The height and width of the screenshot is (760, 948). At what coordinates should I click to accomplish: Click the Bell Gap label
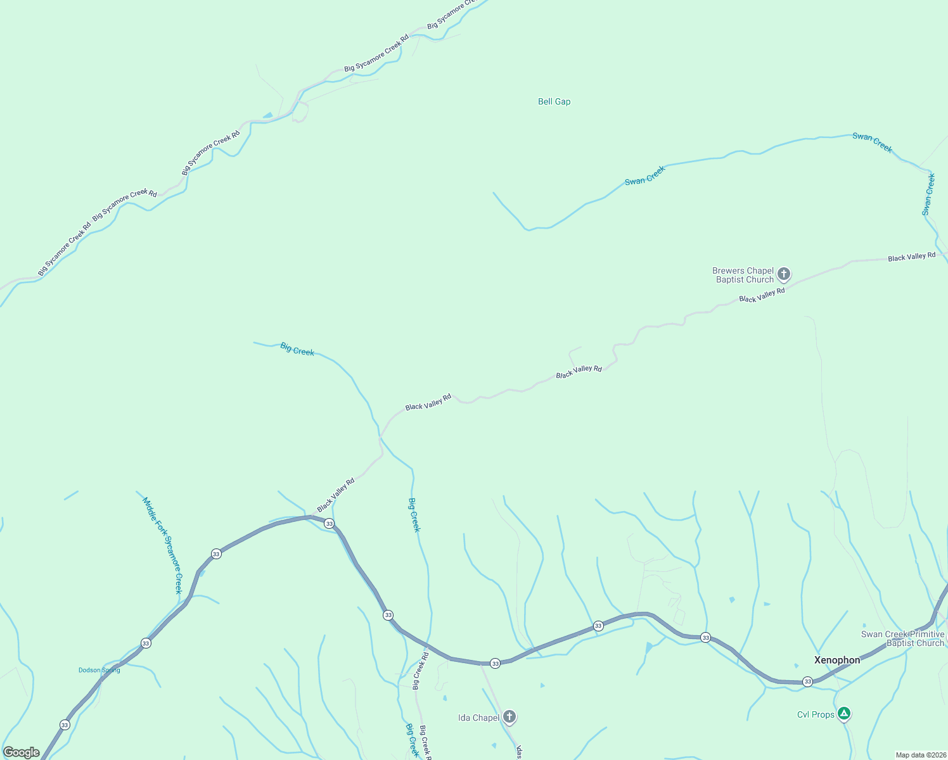554,101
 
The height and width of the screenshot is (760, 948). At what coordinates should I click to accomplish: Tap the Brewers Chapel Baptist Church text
745,275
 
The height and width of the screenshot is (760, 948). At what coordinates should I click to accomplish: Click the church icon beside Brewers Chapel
784,274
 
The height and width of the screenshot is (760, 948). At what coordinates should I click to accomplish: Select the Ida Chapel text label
478,718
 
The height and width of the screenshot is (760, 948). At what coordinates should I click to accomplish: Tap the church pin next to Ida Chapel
509,717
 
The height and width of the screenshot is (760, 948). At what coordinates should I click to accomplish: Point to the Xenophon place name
837,660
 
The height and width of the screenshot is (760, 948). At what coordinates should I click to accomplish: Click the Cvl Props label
816,714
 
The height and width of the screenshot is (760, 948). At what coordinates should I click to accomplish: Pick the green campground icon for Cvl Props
843,714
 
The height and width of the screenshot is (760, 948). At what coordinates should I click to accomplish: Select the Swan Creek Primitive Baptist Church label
903,638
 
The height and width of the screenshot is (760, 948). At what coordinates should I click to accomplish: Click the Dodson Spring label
99,670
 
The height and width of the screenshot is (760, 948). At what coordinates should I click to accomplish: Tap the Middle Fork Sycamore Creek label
162,545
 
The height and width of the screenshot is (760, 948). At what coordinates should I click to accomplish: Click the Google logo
22,752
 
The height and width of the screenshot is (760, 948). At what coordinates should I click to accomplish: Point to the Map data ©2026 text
921,755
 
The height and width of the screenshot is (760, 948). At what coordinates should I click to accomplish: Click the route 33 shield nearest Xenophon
807,681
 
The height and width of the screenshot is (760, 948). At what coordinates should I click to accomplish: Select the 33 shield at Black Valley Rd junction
329,524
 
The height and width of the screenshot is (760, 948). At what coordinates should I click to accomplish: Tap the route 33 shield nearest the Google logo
65,725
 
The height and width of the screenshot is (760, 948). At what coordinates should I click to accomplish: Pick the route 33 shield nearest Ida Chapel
495,663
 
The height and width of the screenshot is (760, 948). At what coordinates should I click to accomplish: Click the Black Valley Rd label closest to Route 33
336,495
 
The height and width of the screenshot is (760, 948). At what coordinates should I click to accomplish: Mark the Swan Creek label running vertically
928,194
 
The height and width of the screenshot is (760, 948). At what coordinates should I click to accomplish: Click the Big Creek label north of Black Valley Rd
297,350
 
